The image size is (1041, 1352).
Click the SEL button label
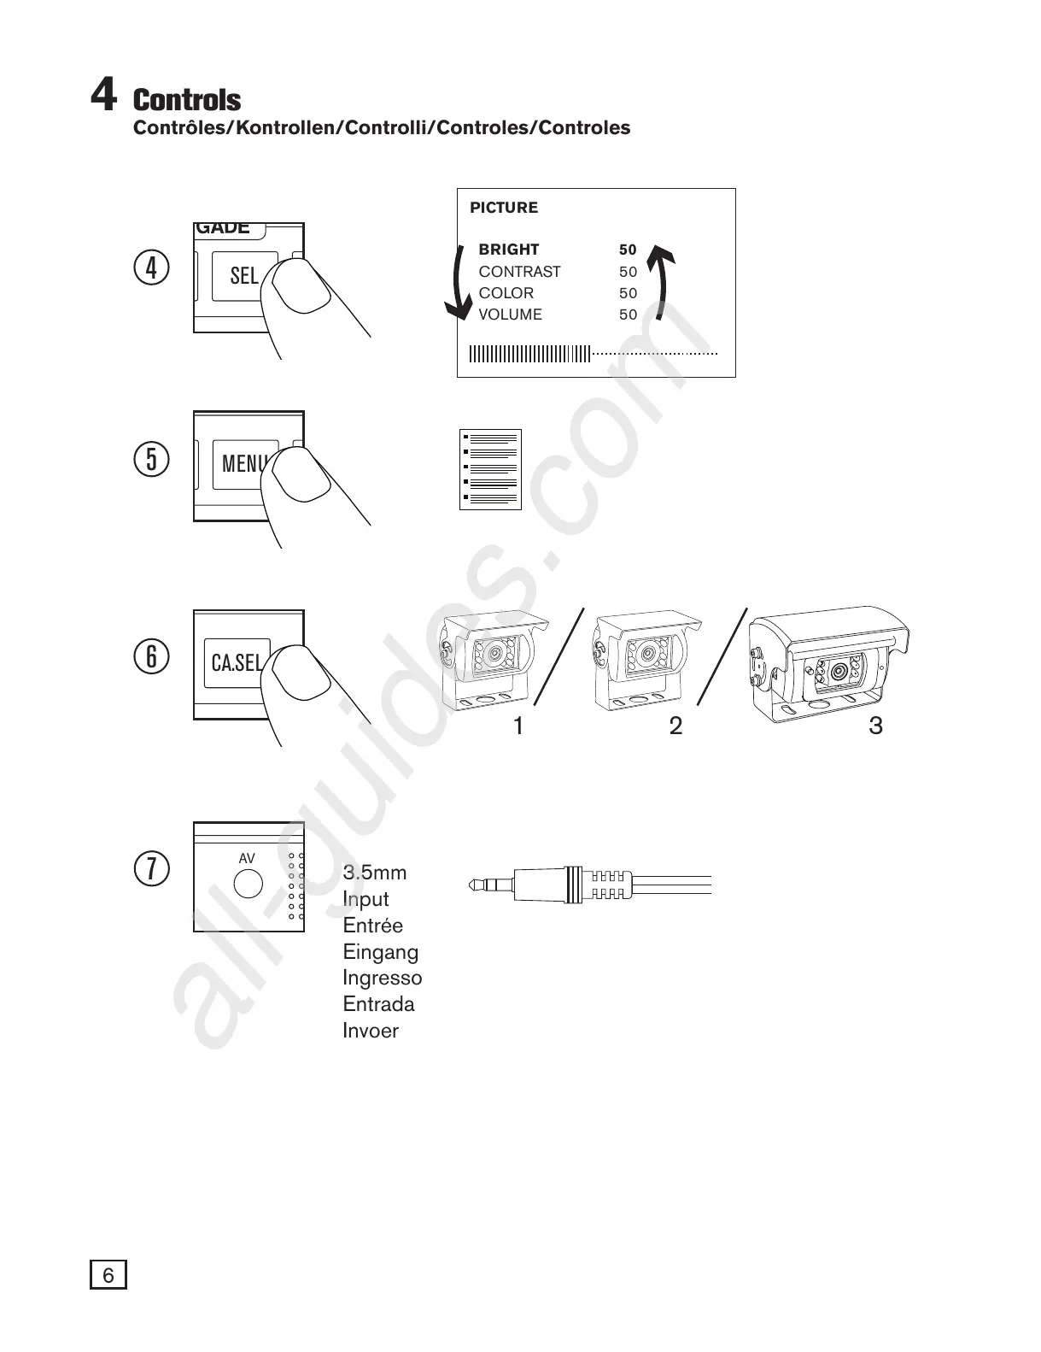(243, 275)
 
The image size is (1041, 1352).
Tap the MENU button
(243, 463)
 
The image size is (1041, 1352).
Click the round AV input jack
(249, 883)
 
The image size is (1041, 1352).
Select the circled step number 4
(152, 267)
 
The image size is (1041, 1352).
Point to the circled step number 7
(152, 868)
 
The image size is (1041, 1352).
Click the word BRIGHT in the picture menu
(509, 250)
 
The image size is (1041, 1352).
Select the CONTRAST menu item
(519, 272)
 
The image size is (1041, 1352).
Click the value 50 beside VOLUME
(629, 314)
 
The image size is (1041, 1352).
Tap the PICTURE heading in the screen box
(504, 208)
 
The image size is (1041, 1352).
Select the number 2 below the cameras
(675, 726)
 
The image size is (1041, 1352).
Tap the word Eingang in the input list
(380, 952)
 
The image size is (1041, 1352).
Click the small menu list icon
(490, 469)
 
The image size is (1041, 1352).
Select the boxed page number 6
(108, 1275)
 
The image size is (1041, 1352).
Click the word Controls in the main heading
(187, 100)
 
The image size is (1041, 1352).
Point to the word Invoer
(371, 1031)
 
